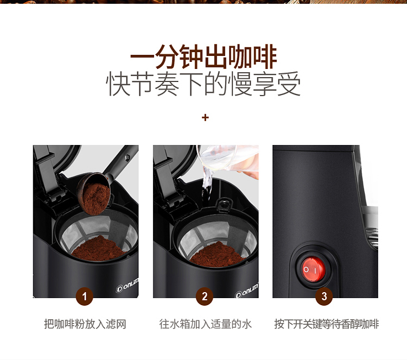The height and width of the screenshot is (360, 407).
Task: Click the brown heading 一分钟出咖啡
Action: (203, 56)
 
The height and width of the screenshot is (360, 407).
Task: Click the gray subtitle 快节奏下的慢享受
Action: (203, 84)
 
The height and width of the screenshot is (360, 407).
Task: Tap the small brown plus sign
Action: (205, 118)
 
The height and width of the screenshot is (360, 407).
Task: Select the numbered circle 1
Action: (84, 296)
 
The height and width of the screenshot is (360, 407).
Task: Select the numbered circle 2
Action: (205, 296)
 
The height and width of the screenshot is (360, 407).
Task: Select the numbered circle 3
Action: (324, 296)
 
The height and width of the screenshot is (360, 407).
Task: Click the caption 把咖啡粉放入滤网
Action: (85, 324)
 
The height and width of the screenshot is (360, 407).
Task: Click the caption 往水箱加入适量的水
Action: (205, 324)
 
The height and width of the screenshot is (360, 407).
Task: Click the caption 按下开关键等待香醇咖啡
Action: (326, 324)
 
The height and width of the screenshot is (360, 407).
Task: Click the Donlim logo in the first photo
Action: (127, 285)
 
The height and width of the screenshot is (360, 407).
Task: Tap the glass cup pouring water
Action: (228, 159)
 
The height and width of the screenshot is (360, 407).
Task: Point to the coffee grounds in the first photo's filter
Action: (98, 249)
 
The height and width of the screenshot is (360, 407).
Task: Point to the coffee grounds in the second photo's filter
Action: (217, 255)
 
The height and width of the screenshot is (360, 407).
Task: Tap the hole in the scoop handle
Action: (128, 157)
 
